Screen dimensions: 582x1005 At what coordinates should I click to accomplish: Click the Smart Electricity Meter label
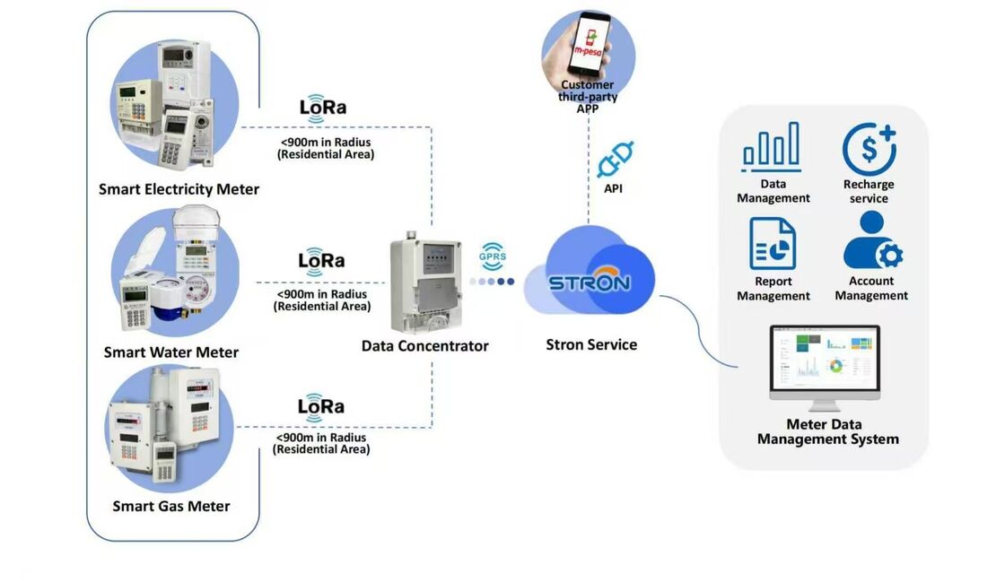point(179,189)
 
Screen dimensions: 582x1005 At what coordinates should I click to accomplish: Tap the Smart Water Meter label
point(171,352)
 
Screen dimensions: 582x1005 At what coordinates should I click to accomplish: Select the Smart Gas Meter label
point(171,506)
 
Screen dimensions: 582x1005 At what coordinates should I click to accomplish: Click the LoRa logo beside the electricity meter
point(323,107)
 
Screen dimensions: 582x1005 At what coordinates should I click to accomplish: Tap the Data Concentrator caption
point(424,345)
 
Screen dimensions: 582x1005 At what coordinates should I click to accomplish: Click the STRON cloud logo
point(590,281)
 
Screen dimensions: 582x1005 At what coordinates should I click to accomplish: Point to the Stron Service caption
point(591,344)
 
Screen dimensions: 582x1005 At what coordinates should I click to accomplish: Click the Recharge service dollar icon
point(869,149)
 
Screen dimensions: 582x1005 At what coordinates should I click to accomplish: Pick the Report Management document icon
point(773,244)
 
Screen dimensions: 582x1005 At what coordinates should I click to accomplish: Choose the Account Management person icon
point(871,241)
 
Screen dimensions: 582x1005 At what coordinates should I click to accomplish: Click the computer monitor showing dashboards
point(825,366)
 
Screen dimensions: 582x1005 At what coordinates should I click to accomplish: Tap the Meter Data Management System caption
point(827,431)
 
